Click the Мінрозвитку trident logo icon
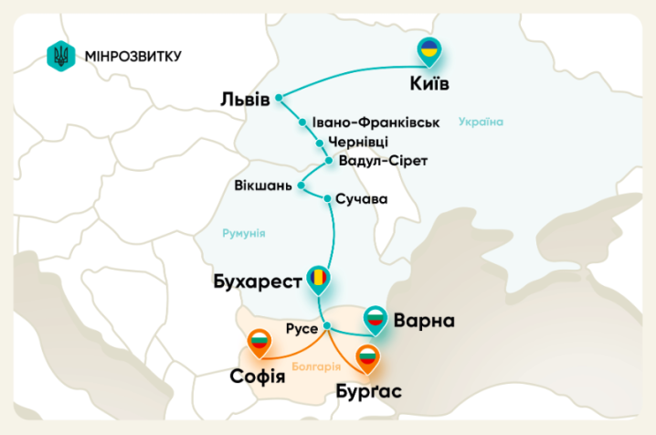click(61, 56)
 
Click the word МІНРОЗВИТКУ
click(132, 57)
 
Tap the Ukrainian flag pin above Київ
click(428, 53)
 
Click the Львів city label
click(245, 98)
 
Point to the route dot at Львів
click(280, 97)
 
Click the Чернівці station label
click(358, 142)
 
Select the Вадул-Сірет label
click(383, 161)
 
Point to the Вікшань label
click(263, 185)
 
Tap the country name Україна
click(481, 122)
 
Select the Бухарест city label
click(256, 281)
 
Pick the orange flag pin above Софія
click(261, 344)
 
